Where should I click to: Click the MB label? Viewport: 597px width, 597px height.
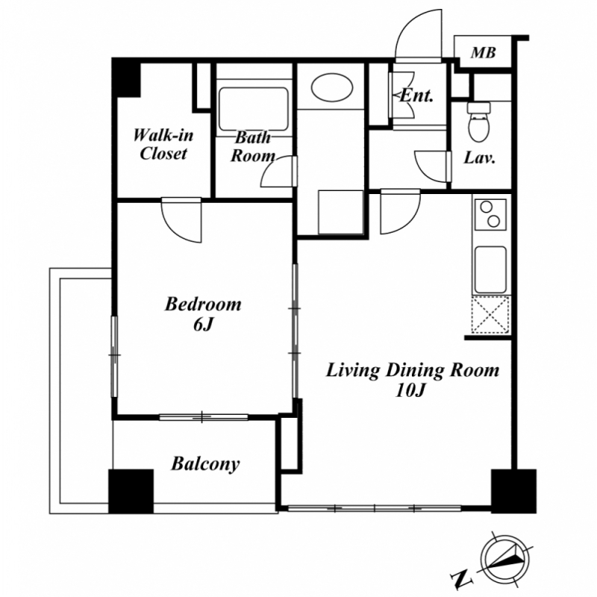coord(483,52)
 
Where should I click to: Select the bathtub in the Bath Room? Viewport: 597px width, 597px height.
coord(254,109)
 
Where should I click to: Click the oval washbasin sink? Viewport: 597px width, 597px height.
coord(332,87)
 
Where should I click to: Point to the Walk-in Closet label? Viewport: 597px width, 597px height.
coord(163,144)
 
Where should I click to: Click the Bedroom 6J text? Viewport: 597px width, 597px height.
coord(203,314)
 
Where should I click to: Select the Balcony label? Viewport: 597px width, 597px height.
coord(205,464)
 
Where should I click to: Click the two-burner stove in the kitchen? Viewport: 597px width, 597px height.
coord(490,214)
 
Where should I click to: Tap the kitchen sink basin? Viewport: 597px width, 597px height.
coord(490,270)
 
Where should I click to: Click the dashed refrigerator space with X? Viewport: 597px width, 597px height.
coord(490,315)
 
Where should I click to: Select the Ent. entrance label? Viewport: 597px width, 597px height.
coord(417,96)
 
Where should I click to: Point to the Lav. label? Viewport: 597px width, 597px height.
coord(479,157)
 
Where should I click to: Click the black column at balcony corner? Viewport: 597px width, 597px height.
coord(131,491)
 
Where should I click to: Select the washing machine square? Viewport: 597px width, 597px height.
coord(341,212)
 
